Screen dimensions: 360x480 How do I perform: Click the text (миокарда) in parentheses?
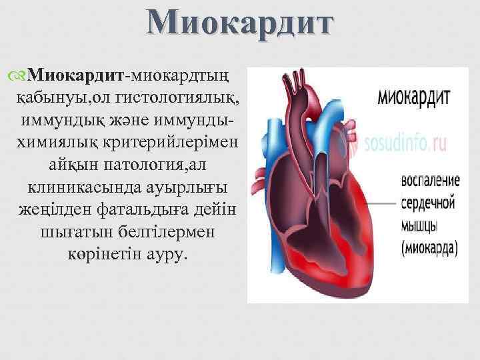pos(429,248)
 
